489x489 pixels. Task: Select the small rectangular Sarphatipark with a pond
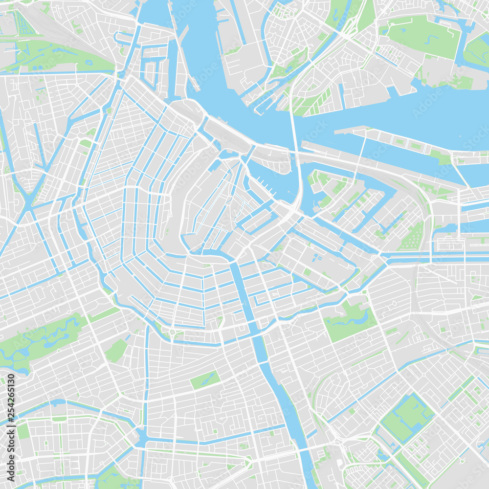point(205,379)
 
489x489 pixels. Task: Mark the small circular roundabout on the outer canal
point(172,333)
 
